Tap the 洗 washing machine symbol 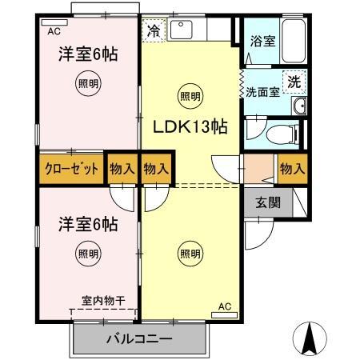click(295, 80)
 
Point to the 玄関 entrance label click(268, 202)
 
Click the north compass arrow click(312, 339)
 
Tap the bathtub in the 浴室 click(294, 39)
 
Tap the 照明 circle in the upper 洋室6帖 click(88, 82)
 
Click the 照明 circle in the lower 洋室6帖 click(88, 254)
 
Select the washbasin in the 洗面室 click(299, 107)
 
